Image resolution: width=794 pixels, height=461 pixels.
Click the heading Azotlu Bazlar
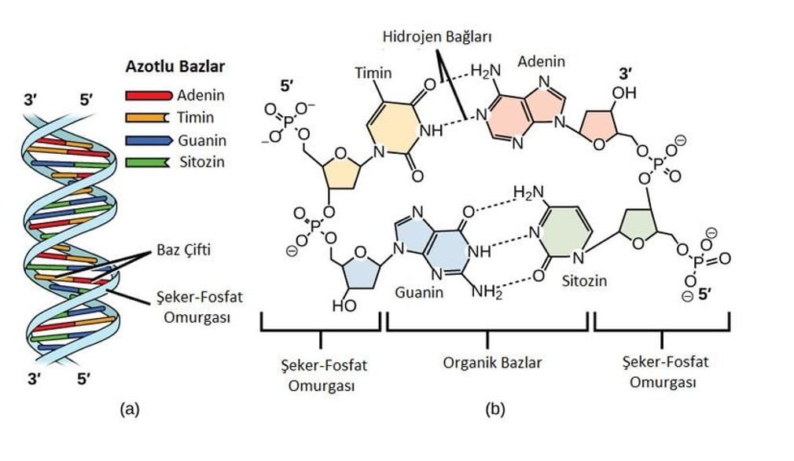[175, 67]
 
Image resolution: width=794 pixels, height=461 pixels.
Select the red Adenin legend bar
[149, 95]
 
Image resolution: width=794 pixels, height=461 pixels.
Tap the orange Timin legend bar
[147, 117]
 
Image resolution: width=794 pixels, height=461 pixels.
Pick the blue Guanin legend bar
[149, 140]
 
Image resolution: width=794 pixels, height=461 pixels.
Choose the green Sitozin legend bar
[147, 163]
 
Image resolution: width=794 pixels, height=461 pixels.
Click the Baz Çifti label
[183, 250]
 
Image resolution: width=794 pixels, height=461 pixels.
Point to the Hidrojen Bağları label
[437, 37]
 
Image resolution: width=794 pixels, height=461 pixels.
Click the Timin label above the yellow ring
[373, 73]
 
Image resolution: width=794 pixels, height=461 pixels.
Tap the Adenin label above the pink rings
[541, 62]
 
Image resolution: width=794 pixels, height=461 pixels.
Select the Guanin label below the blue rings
[419, 292]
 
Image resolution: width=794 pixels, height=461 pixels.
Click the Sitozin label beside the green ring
[584, 281]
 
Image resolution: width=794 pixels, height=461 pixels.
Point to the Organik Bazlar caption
[492, 363]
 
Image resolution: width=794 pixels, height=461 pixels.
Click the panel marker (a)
[130, 408]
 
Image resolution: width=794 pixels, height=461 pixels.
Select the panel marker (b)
[494, 408]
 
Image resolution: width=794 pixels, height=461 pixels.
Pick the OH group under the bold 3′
[624, 93]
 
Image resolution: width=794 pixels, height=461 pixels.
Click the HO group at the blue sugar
[344, 306]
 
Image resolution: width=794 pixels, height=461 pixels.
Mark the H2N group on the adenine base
[486, 71]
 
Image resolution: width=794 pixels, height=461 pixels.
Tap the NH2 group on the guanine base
[487, 291]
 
